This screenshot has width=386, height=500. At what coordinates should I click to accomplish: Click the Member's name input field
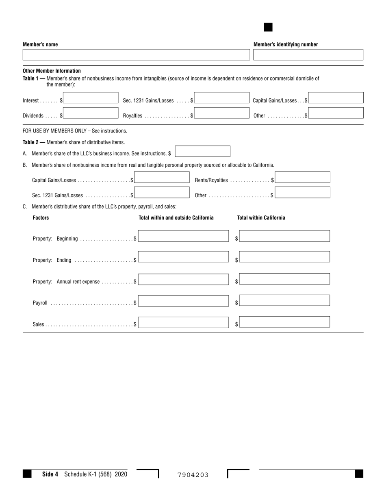tap(136, 54)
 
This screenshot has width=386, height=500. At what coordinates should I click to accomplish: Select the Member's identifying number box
tap(308, 54)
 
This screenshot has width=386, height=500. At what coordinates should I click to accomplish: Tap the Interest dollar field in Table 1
tap(91, 98)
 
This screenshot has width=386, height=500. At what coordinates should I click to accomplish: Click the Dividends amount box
tap(91, 113)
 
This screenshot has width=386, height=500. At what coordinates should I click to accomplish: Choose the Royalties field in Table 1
tap(221, 113)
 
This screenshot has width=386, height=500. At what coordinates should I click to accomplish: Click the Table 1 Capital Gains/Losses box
tap(336, 98)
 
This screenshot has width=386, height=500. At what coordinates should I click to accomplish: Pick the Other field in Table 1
tap(336, 113)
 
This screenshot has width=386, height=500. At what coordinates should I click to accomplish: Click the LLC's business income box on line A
tap(202, 151)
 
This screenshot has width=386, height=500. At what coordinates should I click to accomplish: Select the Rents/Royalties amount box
tap(302, 177)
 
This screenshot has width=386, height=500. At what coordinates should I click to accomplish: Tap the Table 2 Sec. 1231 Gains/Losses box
tap(162, 192)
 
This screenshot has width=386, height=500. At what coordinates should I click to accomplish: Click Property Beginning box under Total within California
tap(284, 236)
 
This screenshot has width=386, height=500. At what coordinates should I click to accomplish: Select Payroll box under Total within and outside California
tap(183, 300)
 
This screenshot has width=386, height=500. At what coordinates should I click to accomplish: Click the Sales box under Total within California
tap(284, 322)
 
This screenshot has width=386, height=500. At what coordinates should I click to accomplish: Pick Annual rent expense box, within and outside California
tap(183, 279)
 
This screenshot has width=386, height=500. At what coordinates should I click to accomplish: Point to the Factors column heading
tap(41, 218)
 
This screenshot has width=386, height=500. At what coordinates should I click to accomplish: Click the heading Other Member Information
tap(52, 71)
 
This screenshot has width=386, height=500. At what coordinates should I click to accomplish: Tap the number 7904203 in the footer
tap(193, 475)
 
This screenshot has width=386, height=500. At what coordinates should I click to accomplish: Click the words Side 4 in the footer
tap(50, 474)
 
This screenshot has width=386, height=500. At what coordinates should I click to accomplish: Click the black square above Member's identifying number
tap(268, 27)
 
